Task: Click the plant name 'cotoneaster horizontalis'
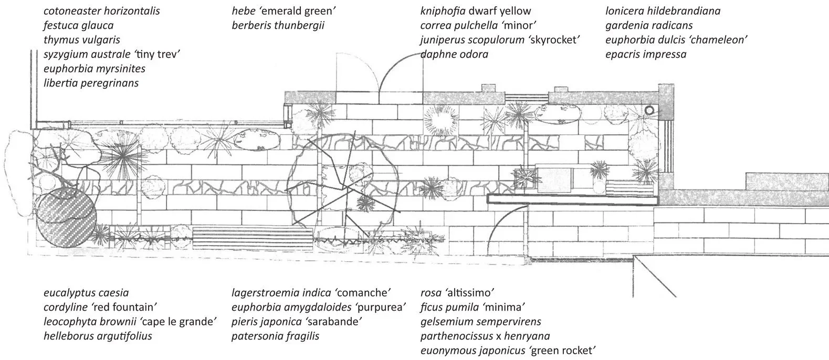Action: (x=102, y=10)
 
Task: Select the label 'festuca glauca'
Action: (x=78, y=25)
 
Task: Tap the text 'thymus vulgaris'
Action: (x=82, y=40)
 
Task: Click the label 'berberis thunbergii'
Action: (x=278, y=25)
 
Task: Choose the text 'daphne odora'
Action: (x=455, y=54)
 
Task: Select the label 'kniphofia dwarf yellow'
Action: (x=476, y=10)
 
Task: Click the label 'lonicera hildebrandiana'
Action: (x=663, y=10)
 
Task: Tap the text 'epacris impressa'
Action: (x=646, y=54)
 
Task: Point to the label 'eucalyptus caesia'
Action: (x=86, y=293)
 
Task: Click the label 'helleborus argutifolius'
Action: (x=98, y=336)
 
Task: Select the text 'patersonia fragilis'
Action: (x=276, y=336)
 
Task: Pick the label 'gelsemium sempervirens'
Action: (x=480, y=322)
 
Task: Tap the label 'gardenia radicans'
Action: (x=649, y=25)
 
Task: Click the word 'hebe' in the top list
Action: (x=243, y=10)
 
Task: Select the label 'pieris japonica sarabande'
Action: (x=298, y=322)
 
